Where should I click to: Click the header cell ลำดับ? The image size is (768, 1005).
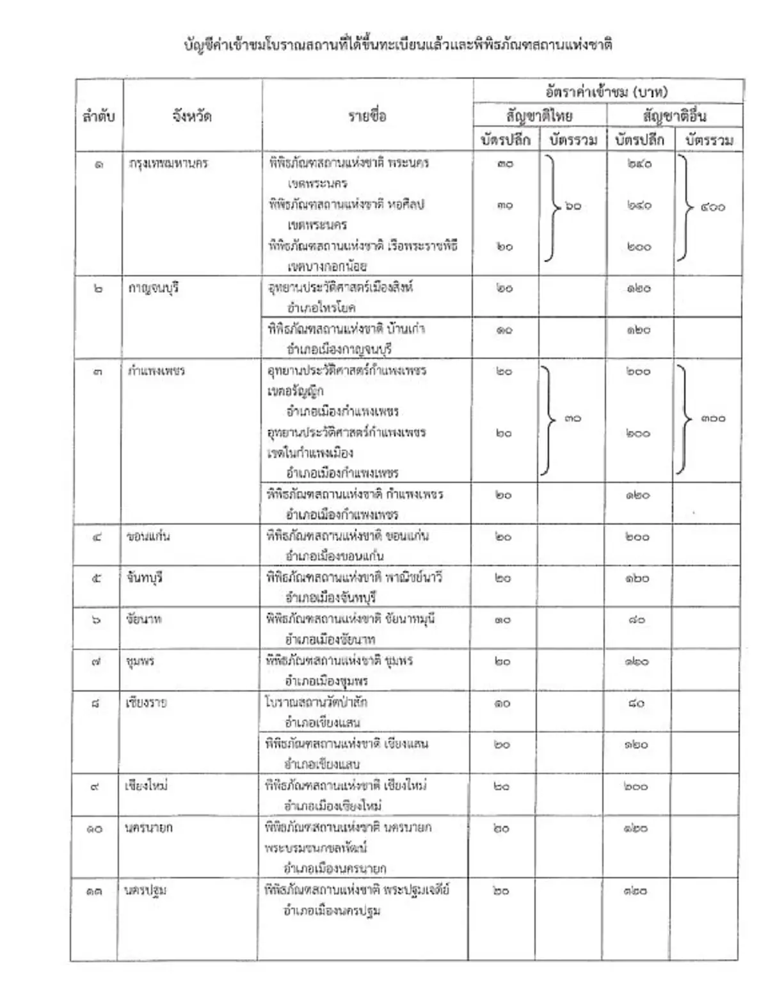99,116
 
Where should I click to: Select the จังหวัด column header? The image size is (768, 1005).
192,116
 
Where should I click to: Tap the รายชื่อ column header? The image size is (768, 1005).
367,116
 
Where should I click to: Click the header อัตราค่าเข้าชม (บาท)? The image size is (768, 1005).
607,92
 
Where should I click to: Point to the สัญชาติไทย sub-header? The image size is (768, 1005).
539,116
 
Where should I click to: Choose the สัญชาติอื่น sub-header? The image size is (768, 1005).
674,116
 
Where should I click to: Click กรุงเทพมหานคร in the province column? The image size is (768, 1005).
168,163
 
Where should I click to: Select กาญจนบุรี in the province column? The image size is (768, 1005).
154,288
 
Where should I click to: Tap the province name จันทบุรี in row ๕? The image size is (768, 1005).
145,578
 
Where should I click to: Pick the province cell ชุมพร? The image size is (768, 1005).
140,661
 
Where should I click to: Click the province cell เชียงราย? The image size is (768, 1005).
147,702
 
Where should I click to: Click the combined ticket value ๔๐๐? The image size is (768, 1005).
712,207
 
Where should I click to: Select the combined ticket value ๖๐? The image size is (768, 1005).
573,206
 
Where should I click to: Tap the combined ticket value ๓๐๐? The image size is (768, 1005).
712,418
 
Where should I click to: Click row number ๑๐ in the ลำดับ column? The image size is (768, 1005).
94,828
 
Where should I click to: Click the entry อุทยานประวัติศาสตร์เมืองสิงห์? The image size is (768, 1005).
340,288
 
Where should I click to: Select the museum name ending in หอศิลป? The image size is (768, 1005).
346,205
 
